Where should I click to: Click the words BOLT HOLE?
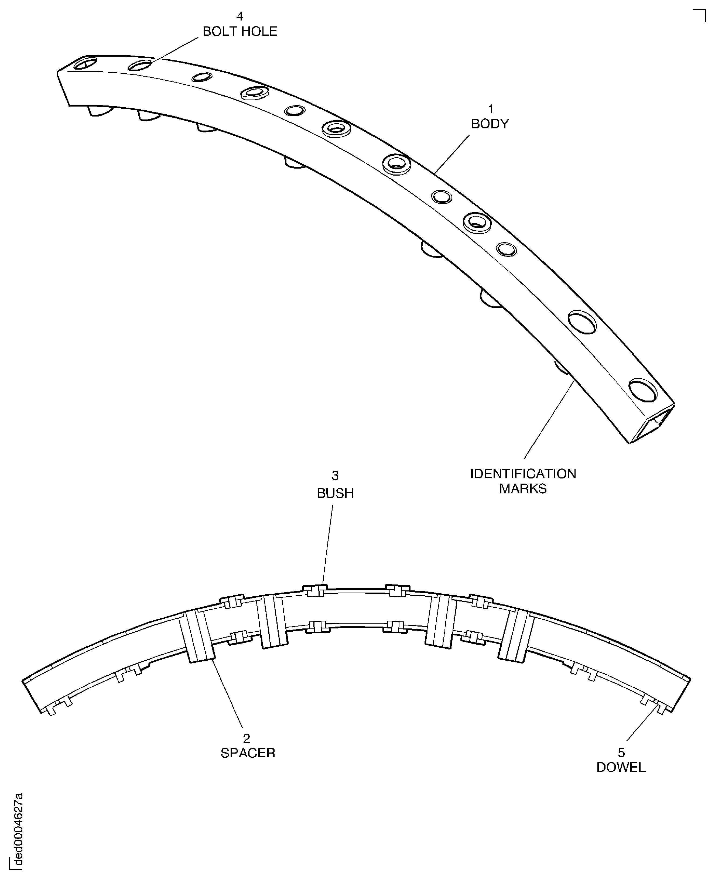[x=240, y=32]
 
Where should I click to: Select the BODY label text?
[x=490, y=124]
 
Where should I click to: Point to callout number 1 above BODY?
[x=491, y=109]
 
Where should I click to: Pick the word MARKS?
[x=523, y=488]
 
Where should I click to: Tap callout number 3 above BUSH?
[x=335, y=476]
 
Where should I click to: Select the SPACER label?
[x=248, y=753]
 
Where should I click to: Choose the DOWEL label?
[x=621, y=767]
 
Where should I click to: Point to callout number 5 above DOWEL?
[x=621, y=753]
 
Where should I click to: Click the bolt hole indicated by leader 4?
[x=140, y=65]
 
